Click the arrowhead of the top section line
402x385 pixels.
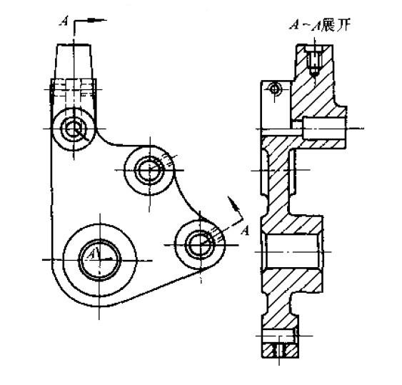[102, 20]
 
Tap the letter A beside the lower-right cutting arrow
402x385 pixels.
[245, 230]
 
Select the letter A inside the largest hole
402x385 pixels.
[91, 254]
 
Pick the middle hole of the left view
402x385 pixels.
[150, 170]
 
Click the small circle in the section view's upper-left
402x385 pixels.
[273, 88]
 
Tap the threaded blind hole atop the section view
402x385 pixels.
[312, 64]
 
